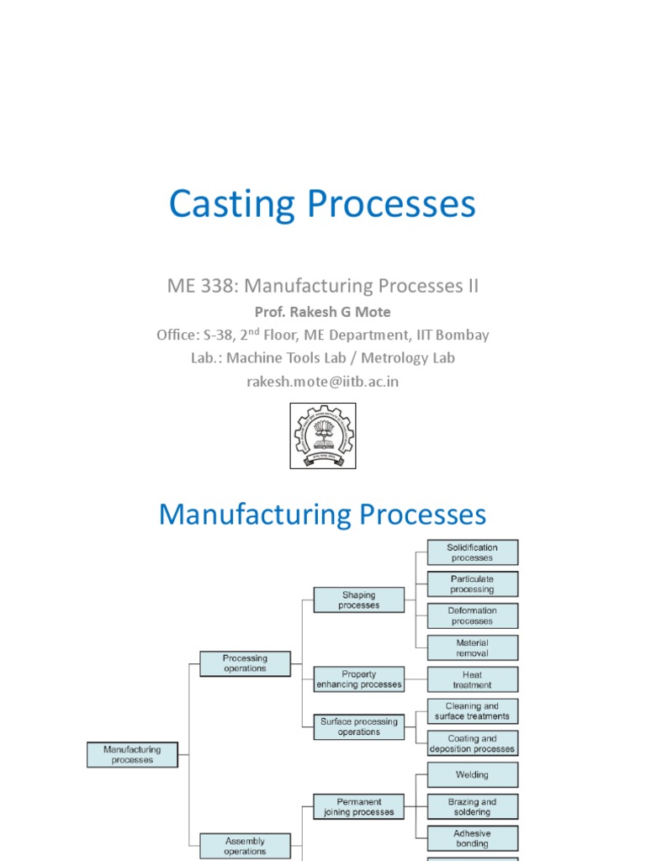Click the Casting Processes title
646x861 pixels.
tap(322, 204)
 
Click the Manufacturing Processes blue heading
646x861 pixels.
tap(322, 515)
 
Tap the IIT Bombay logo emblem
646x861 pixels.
tap(322, 436)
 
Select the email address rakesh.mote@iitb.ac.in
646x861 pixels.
tap(322, 382)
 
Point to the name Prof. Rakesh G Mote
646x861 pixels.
tap(322, 312)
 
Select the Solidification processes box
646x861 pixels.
tap(472, 552)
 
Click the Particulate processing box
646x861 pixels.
tap(472, 584)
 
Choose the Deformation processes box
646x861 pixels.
tap(472, 615)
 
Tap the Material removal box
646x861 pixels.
tap(472, 647)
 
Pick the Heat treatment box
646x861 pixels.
tap(472, 679)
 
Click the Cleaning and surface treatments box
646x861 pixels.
tap(472, 711)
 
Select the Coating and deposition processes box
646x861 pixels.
tap(472, 743)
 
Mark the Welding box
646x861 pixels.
tap(472, 775)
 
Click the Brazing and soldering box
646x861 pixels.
tap(472, 807)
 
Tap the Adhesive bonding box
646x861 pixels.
tap(472, 838)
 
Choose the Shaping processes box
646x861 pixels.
tap(358, 600)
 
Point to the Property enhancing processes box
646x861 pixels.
tap(358, 679)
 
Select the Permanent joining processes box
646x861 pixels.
tap(358, 807)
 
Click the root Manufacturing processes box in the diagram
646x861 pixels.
tap(132, 754)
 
